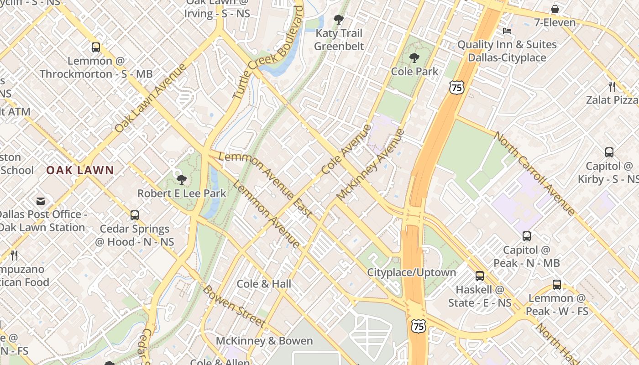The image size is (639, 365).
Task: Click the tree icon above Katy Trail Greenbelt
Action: point(338,20)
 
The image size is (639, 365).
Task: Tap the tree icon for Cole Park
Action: point(414,58)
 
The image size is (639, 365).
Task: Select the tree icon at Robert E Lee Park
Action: point(182,179)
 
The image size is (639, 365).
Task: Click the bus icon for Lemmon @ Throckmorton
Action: point(96,47)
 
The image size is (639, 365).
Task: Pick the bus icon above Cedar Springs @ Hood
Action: point(134,215)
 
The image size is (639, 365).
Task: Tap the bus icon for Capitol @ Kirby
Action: point(609,152)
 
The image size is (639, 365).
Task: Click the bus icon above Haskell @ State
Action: point(479,276)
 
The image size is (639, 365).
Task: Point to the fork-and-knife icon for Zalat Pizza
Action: point(612,86)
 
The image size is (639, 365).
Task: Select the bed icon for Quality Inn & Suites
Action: point(507,31)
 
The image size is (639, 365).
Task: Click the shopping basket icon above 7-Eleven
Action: point(555,9)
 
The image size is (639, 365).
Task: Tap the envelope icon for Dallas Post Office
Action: point(41,201)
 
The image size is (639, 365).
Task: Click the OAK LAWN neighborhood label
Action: point(80,171)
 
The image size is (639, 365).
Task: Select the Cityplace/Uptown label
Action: point(412,272)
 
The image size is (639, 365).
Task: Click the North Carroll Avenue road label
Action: point(534,173)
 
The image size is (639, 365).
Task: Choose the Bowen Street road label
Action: point(234,306)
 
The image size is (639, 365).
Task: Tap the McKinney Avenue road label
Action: point(371,165)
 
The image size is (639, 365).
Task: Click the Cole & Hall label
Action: point(264,284)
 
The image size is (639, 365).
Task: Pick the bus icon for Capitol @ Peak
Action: point(527,236)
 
